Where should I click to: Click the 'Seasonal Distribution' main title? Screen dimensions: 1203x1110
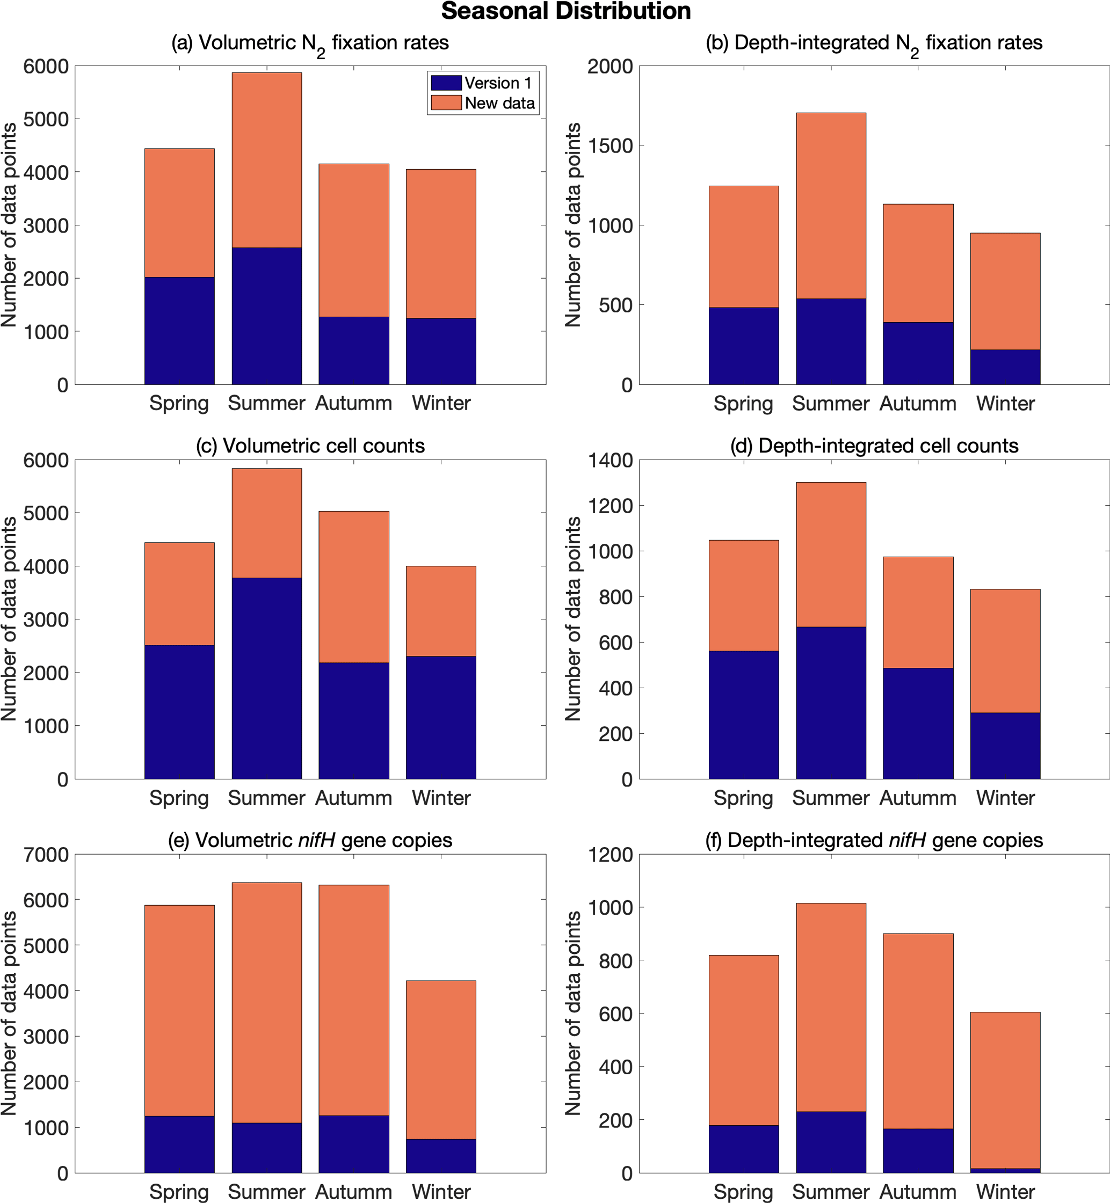566,11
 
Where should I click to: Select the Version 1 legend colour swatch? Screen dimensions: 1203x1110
446,82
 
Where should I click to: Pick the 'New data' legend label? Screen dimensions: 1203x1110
500,103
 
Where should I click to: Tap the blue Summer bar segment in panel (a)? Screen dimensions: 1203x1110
267,316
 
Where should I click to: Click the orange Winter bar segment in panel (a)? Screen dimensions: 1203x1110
441,244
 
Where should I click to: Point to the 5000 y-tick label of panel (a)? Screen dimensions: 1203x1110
46,119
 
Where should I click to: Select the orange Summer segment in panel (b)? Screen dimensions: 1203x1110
831,205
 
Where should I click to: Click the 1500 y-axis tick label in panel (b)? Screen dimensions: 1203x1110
610,146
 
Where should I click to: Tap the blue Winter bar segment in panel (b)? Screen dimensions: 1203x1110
1005,367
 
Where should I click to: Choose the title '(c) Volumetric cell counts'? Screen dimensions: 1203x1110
310,446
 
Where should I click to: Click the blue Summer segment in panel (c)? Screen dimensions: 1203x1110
267,679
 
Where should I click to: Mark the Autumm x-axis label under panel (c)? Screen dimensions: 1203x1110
354,798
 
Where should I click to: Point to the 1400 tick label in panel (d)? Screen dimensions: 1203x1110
610,461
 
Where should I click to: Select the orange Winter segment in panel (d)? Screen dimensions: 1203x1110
1005,651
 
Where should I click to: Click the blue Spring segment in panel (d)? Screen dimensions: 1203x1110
744,715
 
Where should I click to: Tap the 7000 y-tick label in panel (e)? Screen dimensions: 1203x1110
46,854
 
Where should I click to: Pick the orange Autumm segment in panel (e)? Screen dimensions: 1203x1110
354,1000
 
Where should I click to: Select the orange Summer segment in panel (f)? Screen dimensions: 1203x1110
831,1007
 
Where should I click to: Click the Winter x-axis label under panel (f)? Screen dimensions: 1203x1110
1005,1192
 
